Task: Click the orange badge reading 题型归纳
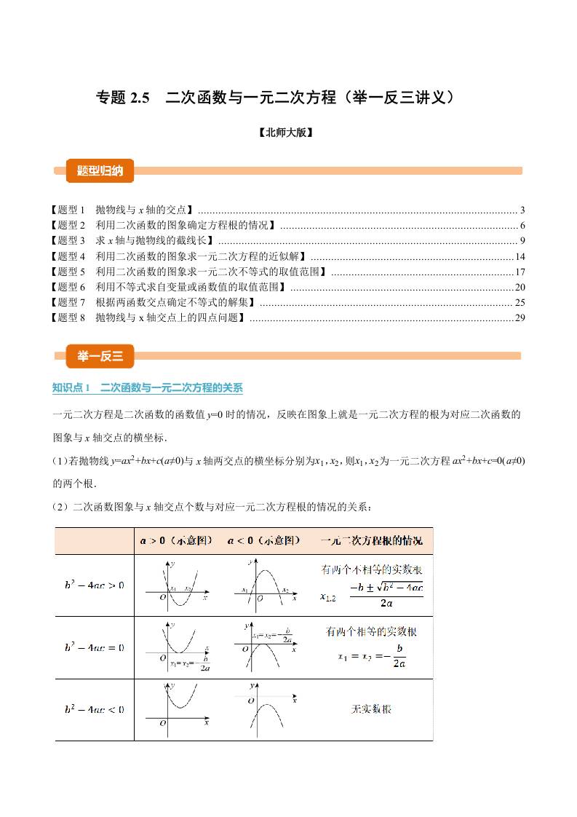[100, 171]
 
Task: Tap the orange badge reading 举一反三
[100, 355]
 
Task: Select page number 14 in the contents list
[520, 256]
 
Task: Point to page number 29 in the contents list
[520, 317]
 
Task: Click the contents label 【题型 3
[66, 241]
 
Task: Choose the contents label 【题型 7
[66, 302]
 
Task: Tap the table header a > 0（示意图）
[176, 541]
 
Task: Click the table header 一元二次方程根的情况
[371, 541]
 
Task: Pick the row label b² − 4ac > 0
[94, 585]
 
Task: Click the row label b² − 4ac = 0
[94, 647]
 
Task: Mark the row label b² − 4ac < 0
[94, 709]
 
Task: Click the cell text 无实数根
[371, 709]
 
